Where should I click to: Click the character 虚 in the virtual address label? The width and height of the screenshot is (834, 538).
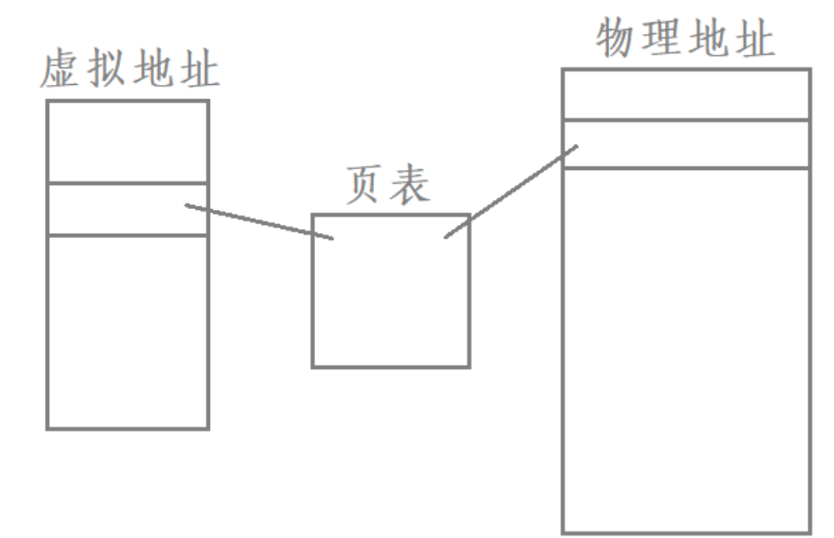[61, 72]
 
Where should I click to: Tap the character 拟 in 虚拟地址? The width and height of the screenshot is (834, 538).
[107, 72]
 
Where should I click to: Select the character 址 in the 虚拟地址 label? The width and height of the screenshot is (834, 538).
[199, 72]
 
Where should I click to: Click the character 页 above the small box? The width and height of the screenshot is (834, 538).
[365, 186]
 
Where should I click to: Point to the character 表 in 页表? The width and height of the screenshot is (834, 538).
[412, 186]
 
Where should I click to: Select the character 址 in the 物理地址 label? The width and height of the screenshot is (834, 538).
[755, 38]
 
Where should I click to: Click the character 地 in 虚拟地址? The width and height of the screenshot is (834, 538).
[153, 72]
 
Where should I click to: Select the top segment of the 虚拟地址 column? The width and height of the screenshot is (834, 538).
[127, 142]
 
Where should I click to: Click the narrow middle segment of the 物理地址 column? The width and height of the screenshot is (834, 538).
[686, 144]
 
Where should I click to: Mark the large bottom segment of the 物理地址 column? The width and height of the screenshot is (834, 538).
[686, 350]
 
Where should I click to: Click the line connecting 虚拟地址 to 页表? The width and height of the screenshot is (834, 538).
[259, 222]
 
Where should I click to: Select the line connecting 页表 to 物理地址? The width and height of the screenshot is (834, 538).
[511, 192]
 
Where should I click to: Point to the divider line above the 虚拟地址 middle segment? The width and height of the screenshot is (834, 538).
[127, 183]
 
